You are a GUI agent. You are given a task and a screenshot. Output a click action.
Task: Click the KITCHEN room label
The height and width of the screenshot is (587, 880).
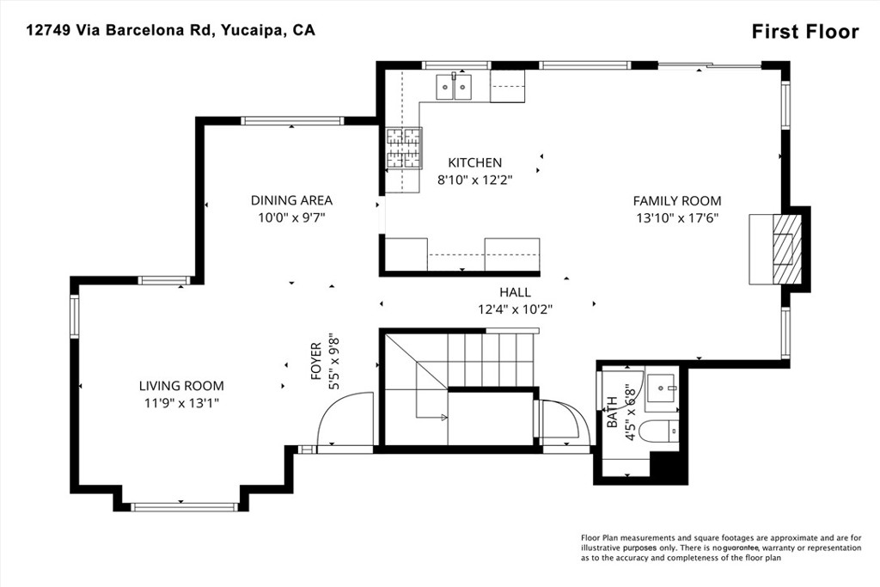[474, 162]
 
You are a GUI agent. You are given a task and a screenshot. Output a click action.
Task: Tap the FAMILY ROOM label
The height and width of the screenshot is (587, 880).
[677, 201]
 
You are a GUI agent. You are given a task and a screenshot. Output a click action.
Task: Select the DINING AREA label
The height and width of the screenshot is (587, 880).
[291, 200]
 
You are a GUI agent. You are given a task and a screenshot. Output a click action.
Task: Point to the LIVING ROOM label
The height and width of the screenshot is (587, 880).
[181, 386]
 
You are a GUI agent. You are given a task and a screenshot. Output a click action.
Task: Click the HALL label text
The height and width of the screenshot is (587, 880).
[516, 292]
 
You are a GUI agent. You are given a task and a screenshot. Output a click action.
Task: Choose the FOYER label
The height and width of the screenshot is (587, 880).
[316, 362]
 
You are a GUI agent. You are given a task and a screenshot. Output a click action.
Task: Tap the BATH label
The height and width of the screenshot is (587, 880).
[612, 412]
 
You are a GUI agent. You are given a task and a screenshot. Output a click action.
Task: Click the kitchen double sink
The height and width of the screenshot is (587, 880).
[454, 87]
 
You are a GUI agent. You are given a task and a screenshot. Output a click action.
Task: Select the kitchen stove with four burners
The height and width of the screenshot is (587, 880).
[404, 148]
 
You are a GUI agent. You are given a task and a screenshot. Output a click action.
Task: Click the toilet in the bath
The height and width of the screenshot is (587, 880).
[663, 431]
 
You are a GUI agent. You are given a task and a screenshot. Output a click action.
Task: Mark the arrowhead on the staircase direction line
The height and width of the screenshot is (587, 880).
[444, 417]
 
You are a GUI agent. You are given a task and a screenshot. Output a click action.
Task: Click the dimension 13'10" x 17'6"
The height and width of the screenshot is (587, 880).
[677, 218]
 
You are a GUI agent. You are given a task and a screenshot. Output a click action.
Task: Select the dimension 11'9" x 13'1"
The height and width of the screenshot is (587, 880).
[181, 403]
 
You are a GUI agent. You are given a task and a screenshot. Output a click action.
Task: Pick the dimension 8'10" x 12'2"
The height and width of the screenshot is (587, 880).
[474, 180]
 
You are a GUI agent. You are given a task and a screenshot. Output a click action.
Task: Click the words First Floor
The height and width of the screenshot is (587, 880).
[805, 32]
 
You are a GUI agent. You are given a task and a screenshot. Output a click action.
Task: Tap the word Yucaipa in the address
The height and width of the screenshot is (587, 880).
[253, 30]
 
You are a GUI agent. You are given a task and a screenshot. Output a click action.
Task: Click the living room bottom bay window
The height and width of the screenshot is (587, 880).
[184, 507]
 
